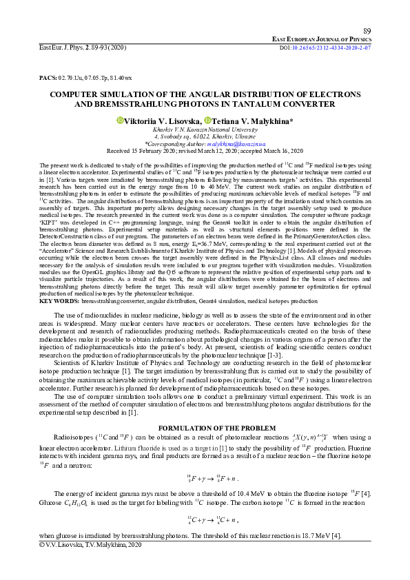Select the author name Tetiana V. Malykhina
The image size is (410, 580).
click(252, 120)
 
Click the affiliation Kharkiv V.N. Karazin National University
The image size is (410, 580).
click(205, 129)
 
